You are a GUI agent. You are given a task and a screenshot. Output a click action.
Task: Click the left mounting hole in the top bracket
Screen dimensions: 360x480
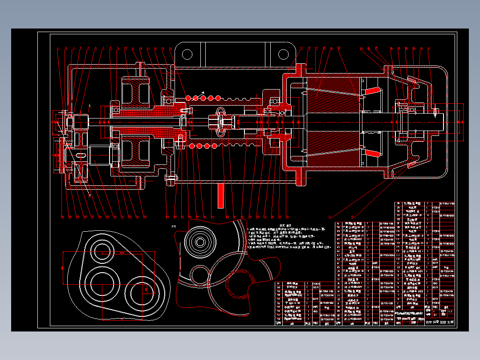tap(187, 54)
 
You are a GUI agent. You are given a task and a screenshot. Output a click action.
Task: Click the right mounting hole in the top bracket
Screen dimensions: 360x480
tap(284, 54)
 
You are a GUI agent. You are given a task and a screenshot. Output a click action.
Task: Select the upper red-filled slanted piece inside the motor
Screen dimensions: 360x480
tap(373, 91)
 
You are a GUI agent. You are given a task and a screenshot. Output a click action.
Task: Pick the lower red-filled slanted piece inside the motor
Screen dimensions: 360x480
tap(373, 153)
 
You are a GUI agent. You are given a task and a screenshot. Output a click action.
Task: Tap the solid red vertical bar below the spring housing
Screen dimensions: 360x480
tap(220, 196)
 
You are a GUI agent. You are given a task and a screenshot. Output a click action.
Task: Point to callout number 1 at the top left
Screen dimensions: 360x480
tap(58, 48)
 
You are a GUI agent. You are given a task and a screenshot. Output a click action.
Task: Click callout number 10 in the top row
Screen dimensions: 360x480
tap(126, 48)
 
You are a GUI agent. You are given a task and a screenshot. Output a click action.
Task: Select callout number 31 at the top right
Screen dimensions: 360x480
tap(428, 48)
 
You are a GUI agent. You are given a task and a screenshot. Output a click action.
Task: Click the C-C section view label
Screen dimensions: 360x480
tap(174, 226)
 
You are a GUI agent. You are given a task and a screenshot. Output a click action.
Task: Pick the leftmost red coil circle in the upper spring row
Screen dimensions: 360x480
tap(188, 98)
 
